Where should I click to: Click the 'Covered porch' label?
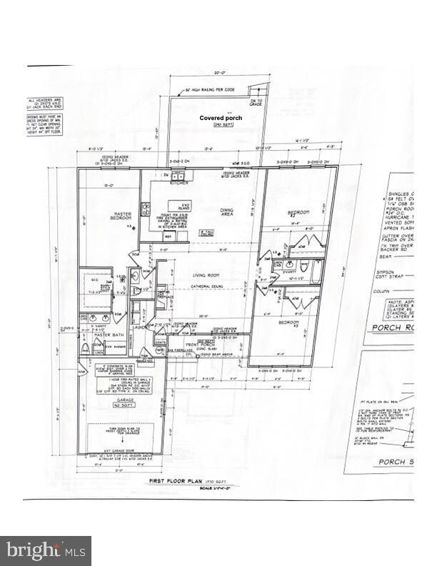click(x=220, y=118)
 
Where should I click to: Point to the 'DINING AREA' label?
click(x=228, y=209)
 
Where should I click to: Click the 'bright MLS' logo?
click(x=46, y=551)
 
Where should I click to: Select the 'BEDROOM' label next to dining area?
click(x=298, y=212)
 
